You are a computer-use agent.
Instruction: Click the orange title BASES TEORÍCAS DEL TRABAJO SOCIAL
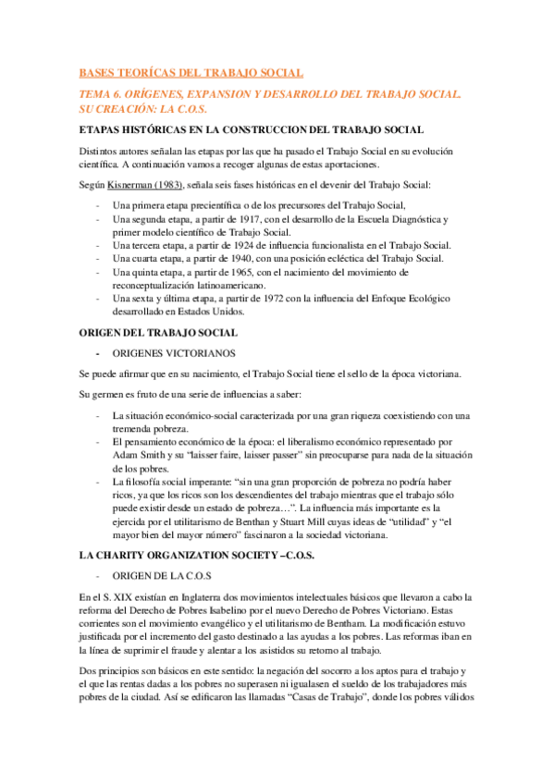click(191, 72)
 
